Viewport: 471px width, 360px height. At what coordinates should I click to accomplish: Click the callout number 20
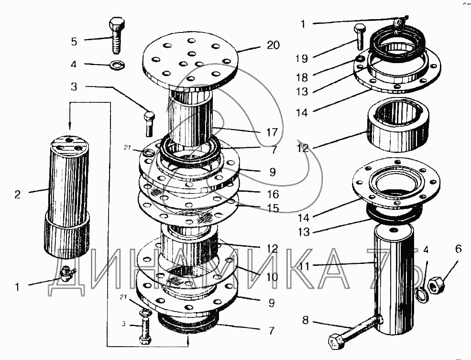coord(274,45)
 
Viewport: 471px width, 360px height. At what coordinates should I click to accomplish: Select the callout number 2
coord(18,194)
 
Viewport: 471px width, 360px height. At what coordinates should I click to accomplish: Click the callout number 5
coord(74,42)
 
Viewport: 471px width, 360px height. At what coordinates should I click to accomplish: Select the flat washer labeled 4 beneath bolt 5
coord(115,64)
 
